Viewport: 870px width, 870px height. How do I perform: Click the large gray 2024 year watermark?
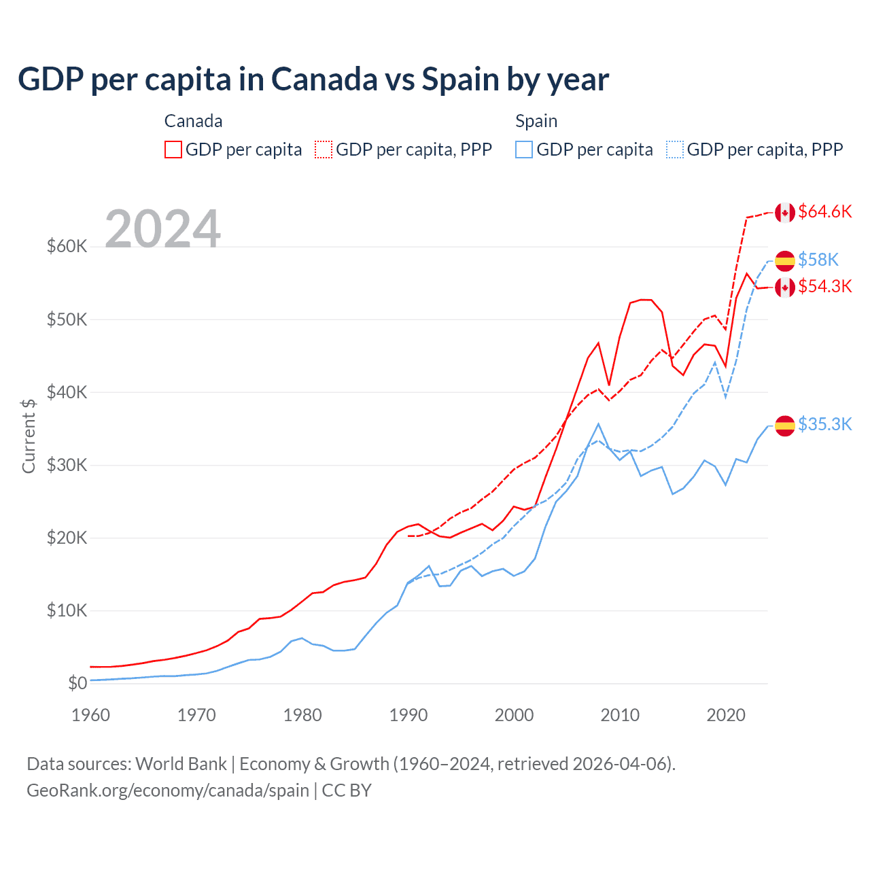point(162,228)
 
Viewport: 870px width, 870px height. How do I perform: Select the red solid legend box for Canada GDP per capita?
point(173,150)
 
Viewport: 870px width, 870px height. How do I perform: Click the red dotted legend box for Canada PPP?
point(324,150)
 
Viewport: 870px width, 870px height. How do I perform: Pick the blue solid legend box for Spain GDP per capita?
point(524,150)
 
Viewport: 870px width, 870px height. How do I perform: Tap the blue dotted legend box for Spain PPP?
point(675,150)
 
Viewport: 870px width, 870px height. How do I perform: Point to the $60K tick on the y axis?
point(67,246)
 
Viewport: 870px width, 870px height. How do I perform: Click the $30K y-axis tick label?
point(67,465)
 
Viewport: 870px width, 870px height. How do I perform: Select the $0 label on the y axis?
point(77,683)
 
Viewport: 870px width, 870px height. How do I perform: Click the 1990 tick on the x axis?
point(408,715)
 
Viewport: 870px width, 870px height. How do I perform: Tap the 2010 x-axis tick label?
point(620,715)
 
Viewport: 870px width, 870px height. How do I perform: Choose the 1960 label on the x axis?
point(91,715)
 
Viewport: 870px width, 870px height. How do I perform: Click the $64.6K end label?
point(824,211)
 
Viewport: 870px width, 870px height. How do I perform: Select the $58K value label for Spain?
point(818,260)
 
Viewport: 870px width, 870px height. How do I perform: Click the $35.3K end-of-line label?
point(824,424)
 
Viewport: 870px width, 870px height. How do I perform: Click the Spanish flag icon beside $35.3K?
point(785,425)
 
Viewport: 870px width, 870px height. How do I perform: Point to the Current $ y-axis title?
point(29,436)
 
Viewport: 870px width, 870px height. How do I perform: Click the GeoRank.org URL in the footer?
point(168,790)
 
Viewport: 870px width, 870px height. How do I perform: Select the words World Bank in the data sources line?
point(181,764)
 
